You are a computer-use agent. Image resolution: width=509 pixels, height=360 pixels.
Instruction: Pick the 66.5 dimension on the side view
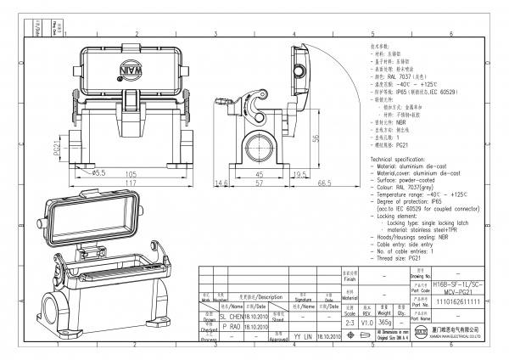[324, 182]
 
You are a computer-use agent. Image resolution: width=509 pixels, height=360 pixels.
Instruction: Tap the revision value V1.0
[366, 322]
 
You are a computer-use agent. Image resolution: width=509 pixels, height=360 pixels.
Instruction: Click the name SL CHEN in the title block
[234, 314]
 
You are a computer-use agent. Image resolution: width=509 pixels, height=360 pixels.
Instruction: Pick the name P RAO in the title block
[232, 325]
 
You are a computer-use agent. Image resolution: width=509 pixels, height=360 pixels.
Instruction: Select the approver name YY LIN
[303, 337]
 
